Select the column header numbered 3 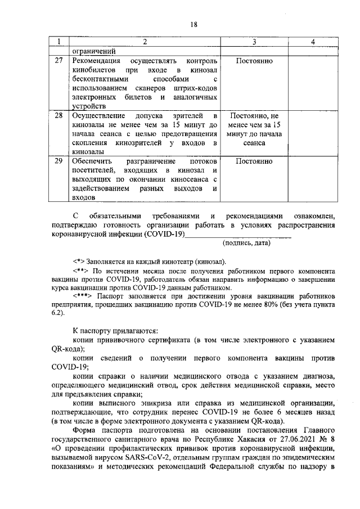click(x=255, y=42)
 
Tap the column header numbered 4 click(x=313, y=42)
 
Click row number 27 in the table click(x=58, y=61)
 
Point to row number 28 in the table click(x=58, y=115)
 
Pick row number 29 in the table click(x=58, y=161)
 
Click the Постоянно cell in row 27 click(x=255, y=61)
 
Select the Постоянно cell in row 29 click(x=255, y=161)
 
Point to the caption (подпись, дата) click(x=246, y=243)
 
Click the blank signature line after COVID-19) click(x=238, y=236)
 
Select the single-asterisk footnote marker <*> click(x=79, y=262)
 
